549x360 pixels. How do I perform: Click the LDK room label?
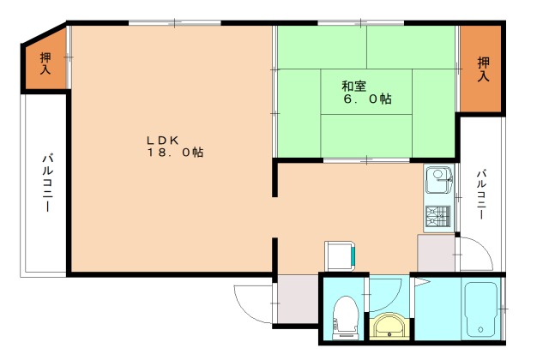pos(161,140)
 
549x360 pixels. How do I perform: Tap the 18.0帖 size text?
pos(174,153)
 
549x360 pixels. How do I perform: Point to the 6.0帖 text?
pos(368,99)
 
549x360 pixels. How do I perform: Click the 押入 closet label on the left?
pos(45,63)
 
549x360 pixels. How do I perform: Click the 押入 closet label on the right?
pos(483,69)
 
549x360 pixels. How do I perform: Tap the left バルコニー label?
pos(45,184)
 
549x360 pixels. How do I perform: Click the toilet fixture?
pos(345,314)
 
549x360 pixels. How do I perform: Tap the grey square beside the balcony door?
pos(435,254)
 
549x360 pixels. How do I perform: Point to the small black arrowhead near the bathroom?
pos(421,279)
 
